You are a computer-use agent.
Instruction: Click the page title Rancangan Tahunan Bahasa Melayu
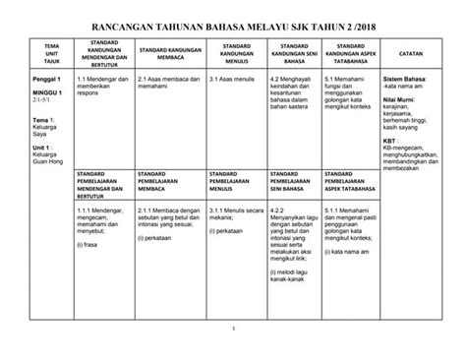coord(233,26)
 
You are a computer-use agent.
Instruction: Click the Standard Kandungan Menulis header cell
coord(235,52)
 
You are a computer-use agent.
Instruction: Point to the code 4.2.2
coord(276,209)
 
